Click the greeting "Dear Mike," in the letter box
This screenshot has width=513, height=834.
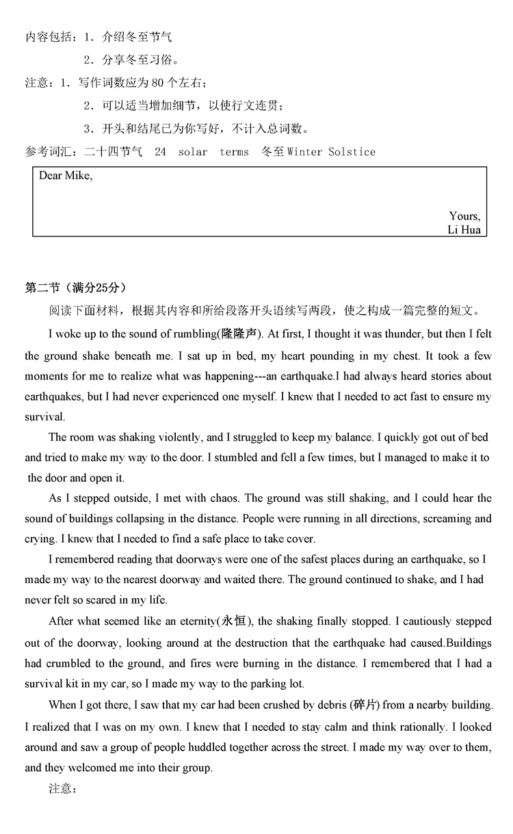click(66, 176)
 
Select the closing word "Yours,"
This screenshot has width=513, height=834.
click(464, 216)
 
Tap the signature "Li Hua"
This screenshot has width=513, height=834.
click(464, 230)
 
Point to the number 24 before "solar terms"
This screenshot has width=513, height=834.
click(160, 152)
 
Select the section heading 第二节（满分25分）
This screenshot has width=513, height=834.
click(75, 287)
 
